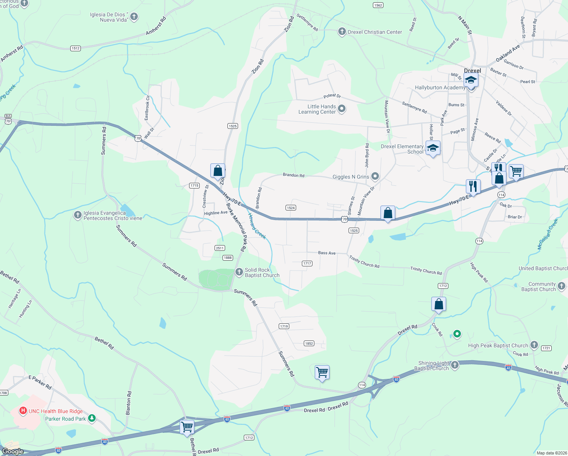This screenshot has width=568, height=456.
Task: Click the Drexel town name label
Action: pyautogui.click(x=472, y=71)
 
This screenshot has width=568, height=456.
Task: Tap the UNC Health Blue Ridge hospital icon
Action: pyautogui.click(x=23, y=411)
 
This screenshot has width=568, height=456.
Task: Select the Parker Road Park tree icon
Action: pyautogui.click(x=92, y=418)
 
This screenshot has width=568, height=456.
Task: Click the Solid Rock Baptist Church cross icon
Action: pyautogui.click(x=239, y=272)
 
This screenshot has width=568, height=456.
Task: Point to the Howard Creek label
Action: pyautogui.click(x=257, y=226)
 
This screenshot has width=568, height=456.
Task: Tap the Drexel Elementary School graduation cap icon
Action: pyautogui.click(x=433, y=148)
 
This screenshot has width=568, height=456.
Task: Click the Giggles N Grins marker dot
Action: pyautogui.click(x=375, y=176)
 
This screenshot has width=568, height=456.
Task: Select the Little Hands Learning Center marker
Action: pyautogui.click(x=342, y=109)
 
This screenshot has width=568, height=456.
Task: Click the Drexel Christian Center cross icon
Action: pyautogui.click(x=342, y=32)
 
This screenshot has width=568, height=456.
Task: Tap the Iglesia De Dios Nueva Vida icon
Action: pyautogui.click(x=134, y=16)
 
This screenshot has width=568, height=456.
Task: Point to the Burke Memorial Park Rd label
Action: pyautogui.click(x=236, y=227)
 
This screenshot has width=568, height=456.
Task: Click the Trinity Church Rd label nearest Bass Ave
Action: pyautogui.click(x=364, y=262)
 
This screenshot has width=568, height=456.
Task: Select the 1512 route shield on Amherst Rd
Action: pyautogui.click(x=76, y=48)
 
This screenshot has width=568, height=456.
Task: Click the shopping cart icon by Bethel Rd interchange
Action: pyautogui.click(x=187, y=426)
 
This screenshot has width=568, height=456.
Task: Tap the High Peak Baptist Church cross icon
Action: pyautogui.click(x=534, y=345)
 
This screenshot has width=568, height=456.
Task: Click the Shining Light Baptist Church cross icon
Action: pyautogui.click(x=454, y=365)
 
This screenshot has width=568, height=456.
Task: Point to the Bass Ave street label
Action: pyautogui.click(x=327, y=253)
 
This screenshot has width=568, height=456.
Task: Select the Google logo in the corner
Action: pyautogui.click(x=13, y=451)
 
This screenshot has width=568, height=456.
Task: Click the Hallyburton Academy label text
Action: pyautogui.click(x=440, y=87)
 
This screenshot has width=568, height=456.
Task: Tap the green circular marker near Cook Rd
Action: pyautogui.click(x=457, y=334)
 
